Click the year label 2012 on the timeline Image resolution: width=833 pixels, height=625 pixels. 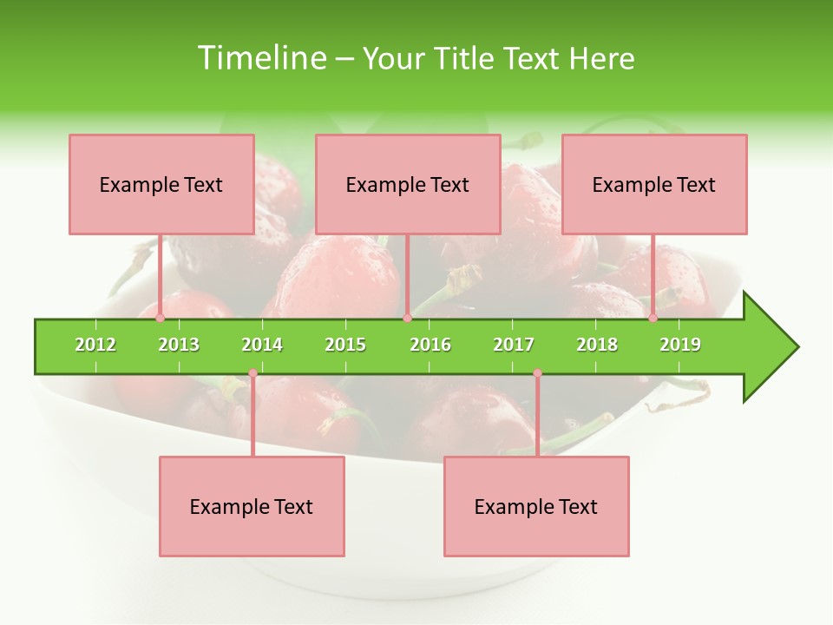(95, 345)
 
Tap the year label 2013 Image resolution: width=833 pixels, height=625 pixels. (179, 345)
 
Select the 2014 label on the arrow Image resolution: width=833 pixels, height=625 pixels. (262, 345)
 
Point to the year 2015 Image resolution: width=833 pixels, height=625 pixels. (345, 345)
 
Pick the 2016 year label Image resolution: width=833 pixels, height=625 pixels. (430, 345)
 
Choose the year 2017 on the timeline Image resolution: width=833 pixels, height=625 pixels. (514, 345)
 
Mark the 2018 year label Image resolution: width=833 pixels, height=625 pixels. (597, 345)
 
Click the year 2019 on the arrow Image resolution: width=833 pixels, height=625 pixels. (680, 345)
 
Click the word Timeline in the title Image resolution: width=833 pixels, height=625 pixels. (259, 58)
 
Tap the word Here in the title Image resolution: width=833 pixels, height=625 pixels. (601, 58)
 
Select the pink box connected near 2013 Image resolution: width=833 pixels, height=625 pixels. (161, 184)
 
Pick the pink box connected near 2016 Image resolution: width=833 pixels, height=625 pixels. (408, 184)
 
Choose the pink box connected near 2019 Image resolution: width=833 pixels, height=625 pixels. (654, 184)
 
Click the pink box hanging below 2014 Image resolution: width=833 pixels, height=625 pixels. (252, 506)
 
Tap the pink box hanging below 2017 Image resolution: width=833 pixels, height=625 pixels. (536, 506)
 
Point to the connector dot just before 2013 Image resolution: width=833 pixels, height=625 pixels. (161, 319)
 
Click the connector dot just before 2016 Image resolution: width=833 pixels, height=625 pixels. (407, 319)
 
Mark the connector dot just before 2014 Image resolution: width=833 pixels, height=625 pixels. (253, 373)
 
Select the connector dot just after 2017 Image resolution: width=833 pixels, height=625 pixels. (537, 373)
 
